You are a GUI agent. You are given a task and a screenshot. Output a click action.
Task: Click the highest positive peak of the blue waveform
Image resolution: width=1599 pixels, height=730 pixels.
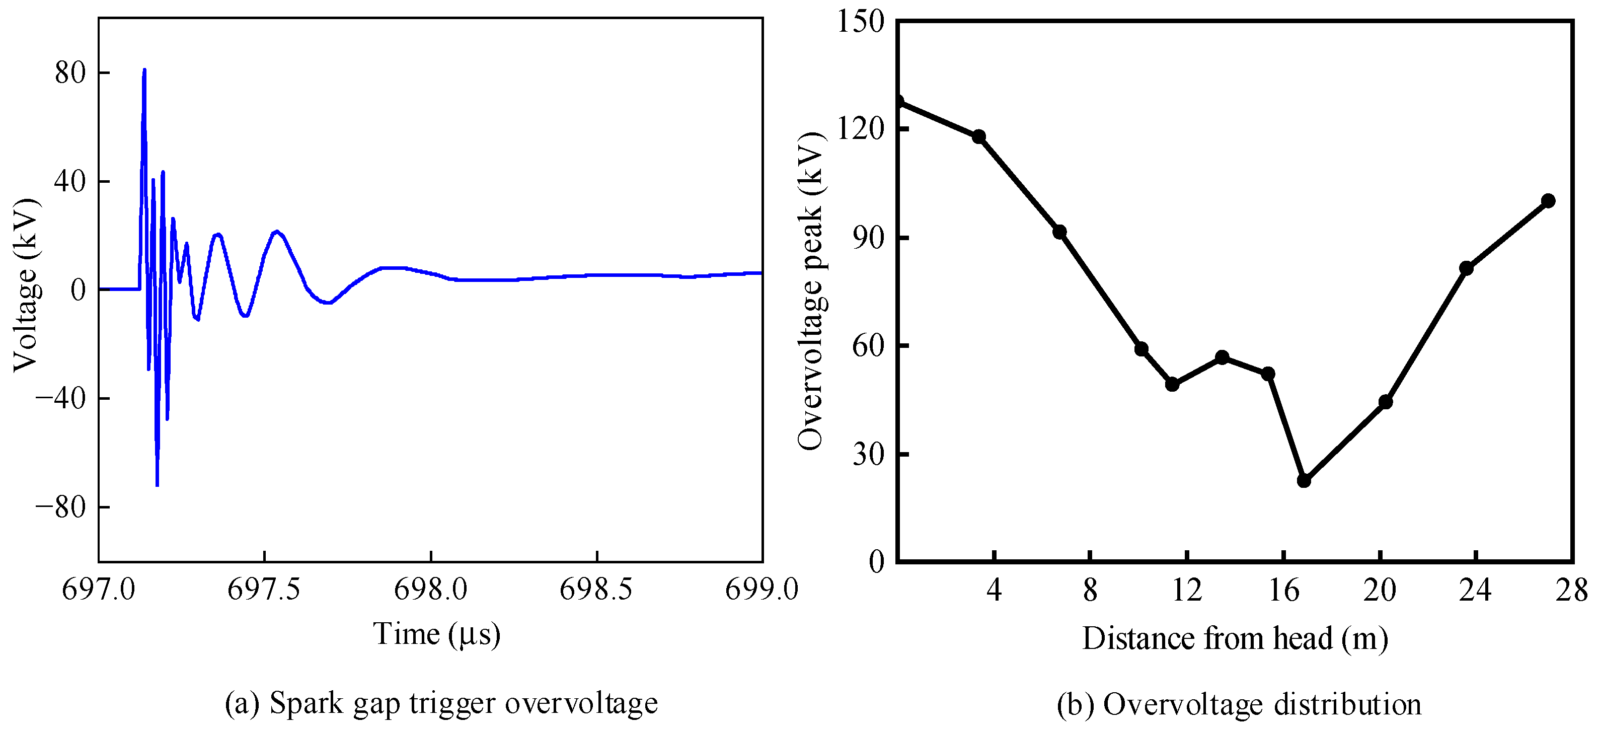pos(144,69)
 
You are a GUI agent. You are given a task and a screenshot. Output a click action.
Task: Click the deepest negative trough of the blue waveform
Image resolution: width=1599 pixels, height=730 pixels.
pos(157,485)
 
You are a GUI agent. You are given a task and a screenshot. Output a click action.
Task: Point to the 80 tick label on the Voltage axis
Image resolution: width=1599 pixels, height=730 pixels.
pos(69,72)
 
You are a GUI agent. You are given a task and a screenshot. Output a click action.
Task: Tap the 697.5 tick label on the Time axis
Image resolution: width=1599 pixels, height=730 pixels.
pos(264,589)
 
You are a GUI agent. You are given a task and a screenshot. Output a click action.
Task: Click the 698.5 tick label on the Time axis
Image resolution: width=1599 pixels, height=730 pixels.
pos(596,589)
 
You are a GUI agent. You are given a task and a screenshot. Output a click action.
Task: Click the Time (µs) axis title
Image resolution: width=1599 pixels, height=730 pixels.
pos(436,634)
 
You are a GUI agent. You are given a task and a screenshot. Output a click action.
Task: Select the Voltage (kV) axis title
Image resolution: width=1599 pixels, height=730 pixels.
pos(27,285)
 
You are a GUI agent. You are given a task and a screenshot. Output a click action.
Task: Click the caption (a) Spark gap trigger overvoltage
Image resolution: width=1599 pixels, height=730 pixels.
pos(441,703)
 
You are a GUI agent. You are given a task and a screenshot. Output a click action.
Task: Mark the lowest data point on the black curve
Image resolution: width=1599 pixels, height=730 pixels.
pos(1304,480)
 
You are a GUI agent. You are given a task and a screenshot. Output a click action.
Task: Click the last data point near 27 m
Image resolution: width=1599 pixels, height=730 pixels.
pos(1548,200)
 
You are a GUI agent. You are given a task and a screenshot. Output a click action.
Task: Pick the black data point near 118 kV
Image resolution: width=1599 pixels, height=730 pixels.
pos(979,136)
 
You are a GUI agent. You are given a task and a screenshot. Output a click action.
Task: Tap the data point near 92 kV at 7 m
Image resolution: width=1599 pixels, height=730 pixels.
pos(1059,232)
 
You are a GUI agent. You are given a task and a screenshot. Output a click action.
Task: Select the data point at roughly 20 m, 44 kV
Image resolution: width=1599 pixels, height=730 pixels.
pos(1386,402)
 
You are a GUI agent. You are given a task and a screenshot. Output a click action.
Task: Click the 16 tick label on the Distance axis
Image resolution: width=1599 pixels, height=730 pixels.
pos(1283,590)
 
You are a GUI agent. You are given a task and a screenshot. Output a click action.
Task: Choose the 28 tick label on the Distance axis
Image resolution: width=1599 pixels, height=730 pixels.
pos(1572,590)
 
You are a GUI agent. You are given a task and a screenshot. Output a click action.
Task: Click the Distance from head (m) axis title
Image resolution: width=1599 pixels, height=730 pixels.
pos(1235,638)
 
